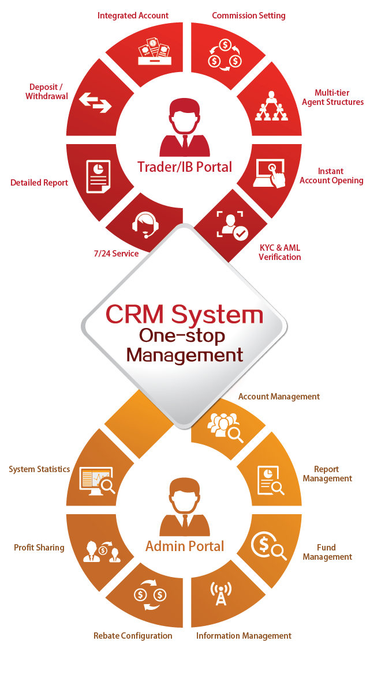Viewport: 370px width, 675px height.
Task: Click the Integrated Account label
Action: (133, 16)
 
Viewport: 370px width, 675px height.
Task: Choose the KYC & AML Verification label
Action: (279, 252)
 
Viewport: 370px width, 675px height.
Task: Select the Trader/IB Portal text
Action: (185, 167)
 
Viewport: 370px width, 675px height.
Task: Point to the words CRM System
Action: (184, 315)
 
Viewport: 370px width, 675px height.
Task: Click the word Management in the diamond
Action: (185, 355)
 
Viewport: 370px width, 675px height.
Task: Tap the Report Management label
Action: (327, 474)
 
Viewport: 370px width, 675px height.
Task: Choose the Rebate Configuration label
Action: (133, 636)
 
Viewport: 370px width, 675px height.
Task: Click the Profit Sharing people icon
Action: (102, 552)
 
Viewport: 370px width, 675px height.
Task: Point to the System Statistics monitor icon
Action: (97, 480)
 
